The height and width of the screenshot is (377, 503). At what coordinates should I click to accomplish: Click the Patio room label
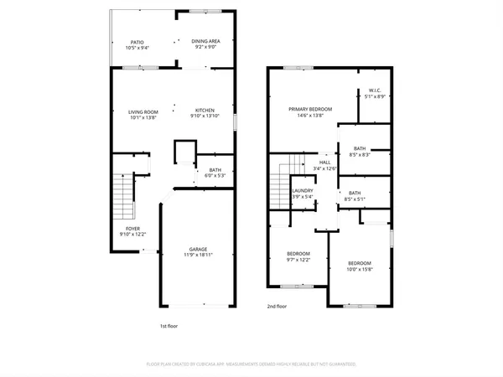pyautogui.click(x=137, y=42)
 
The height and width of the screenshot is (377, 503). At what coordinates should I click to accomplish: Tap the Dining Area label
pyautogui.click(x=205, y=41)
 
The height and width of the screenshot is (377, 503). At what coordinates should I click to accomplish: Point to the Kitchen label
pyautogui.click(x=205, y=111)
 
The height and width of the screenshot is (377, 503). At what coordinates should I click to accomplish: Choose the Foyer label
pyautogui.click(x=132, y=229)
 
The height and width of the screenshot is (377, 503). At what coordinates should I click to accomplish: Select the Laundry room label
pyautogui.click(x=303, y=191)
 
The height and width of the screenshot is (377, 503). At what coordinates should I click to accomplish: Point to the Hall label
pyautogui.click(x=325, y=163)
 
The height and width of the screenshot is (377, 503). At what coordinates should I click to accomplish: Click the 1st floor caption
pyautogui.click(x=169, y=326)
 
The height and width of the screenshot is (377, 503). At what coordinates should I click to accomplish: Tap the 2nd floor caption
pyautogui.click(x=277, y=307)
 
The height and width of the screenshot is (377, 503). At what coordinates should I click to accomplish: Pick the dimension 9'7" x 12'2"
pyautogui.click(x=298, y=260)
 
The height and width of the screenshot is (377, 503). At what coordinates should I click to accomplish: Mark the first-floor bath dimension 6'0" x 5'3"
pyautogui.click(x=215, y=177)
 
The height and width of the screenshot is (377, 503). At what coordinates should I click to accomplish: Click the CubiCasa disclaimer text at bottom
pyautogui.click(x=251, y=364)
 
